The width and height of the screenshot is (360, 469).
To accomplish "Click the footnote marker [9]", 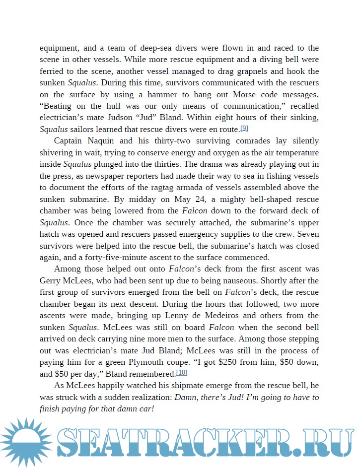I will coord(244,129).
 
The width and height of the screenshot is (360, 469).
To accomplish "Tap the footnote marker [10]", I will coord(182,373).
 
